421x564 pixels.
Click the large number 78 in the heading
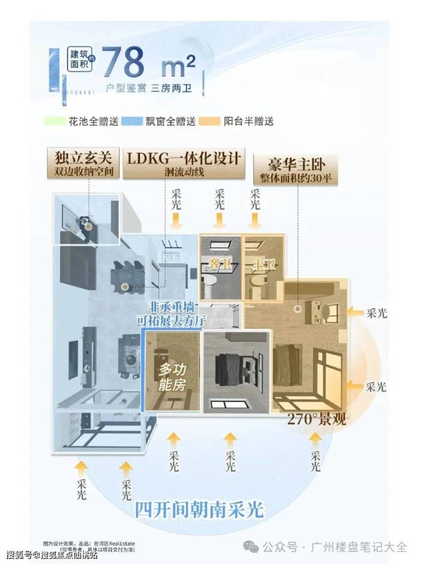click(x=125, y=61)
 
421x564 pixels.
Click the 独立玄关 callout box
click(x=84, y=161)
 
